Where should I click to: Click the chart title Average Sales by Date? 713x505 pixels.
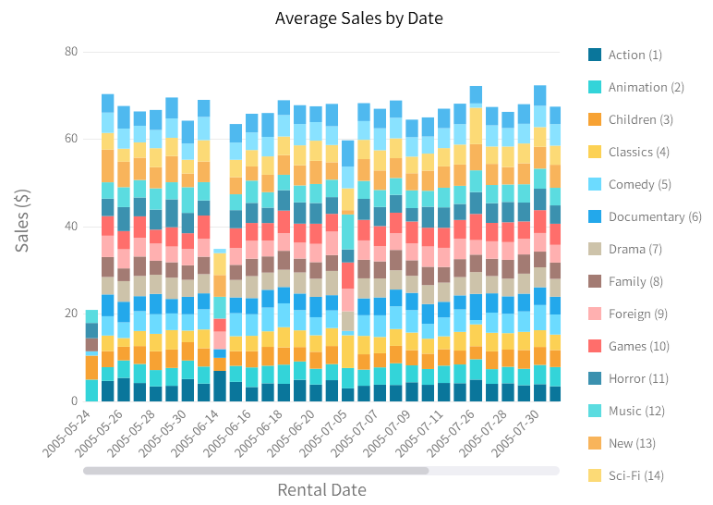coord(359,18)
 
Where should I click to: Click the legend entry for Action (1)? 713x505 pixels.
coord(634,55)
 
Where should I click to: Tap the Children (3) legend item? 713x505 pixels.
coord(640,119)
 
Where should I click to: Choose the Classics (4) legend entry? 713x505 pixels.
coord(638,152)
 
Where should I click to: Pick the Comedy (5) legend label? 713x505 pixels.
coord(639,184)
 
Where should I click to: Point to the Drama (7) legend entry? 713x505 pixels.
coord(634,249)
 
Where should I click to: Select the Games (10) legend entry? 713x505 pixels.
coord(638,346)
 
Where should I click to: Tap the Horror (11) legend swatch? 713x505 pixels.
coord(596,378)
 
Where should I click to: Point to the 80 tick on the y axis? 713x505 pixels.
coord(70,52)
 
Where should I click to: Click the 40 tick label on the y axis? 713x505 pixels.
coord(70,227)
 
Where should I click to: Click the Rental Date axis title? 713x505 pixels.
coord(321,490)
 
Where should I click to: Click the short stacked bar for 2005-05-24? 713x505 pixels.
coord(91,356)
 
